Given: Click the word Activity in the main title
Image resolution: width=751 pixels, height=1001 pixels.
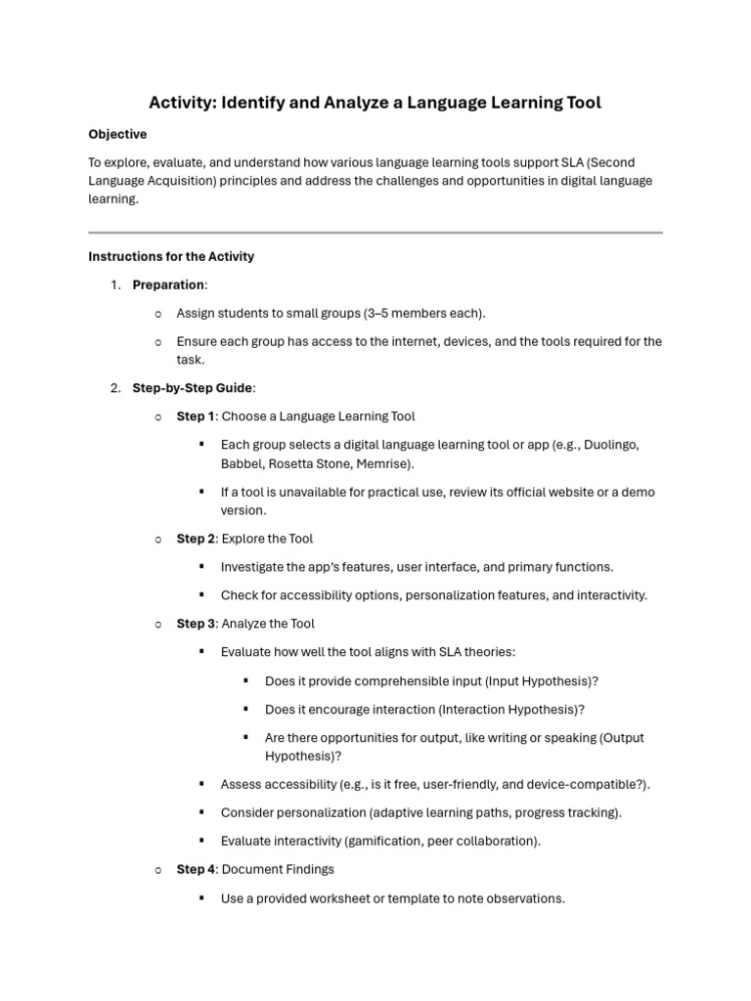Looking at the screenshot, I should click(179, 102).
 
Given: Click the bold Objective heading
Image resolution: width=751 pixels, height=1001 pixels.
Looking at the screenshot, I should click(117, 134).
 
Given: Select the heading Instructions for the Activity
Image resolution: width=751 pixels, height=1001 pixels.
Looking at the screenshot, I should click(171, 256).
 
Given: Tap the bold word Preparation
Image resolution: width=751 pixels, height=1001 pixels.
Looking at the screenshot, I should click(168, 284).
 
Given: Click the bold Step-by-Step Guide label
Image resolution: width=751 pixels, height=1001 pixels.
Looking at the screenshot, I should click(192, 388).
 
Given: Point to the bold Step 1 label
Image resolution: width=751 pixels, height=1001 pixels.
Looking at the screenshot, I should click(195, 416).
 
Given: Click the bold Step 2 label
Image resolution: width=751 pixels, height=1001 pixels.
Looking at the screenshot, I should click(196, 539).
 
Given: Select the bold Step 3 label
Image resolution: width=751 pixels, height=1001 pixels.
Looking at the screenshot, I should click(196, 624).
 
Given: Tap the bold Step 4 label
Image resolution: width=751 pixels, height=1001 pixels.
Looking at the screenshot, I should click(196, 869).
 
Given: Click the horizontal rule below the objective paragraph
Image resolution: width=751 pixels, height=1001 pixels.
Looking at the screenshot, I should click(375, 233).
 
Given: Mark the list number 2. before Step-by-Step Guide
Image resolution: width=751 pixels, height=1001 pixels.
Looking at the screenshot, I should click(114, 388).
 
